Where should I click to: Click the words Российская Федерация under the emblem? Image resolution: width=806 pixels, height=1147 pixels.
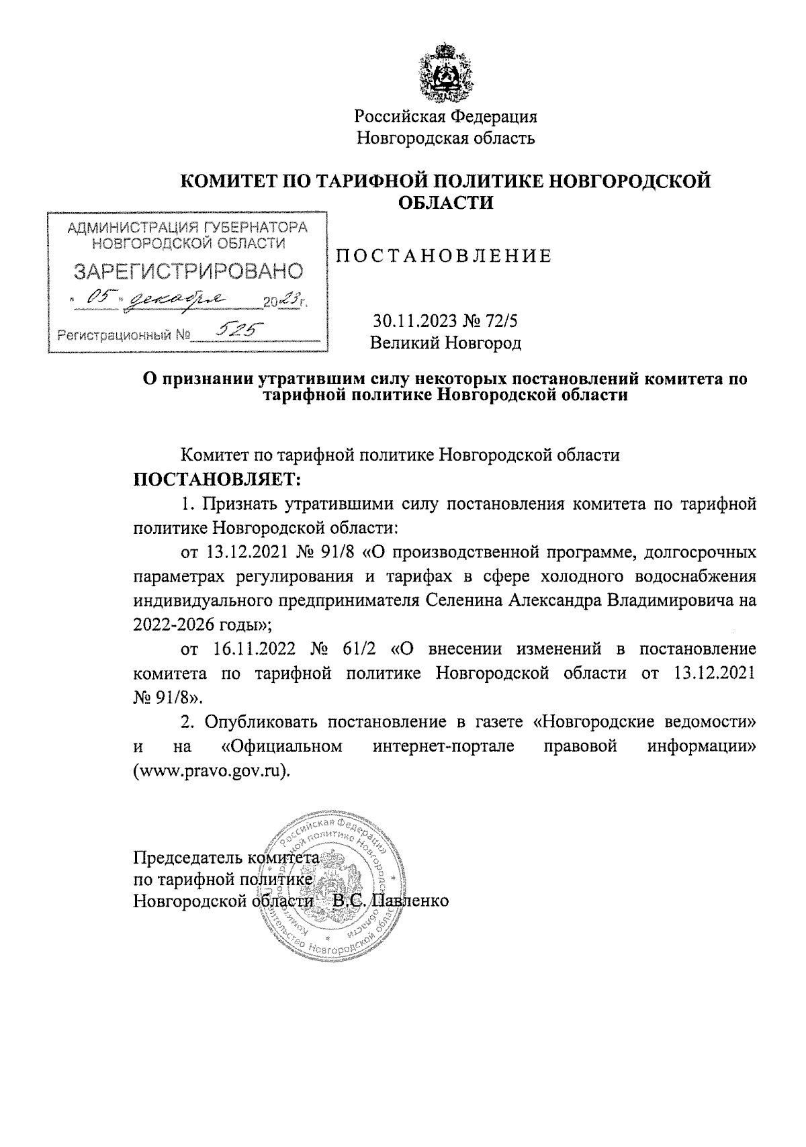(446, 116)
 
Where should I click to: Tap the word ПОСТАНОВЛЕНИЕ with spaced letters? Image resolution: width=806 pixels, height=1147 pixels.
(443, 256)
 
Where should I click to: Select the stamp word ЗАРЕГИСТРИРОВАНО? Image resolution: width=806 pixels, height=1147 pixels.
(187, 272)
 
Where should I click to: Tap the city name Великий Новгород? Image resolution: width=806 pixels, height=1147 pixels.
(446, 343)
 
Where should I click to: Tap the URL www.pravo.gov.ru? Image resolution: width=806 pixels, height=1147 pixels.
(212, 770)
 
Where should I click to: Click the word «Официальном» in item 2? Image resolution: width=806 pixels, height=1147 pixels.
(282, 746)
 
